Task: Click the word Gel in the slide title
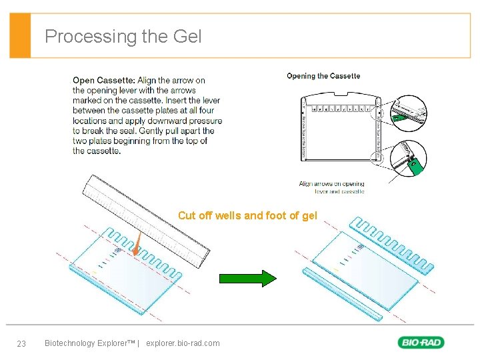point(187,36)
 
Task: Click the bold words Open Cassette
point(103,81)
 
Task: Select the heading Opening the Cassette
point(323,76)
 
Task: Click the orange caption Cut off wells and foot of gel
point(247,215)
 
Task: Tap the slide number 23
point(21,343)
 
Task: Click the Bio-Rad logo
point(421,343)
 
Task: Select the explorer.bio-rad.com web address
point(182,343)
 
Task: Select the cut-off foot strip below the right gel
point(344,293)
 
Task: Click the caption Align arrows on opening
point(331,184)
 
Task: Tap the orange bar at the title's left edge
point(21,36)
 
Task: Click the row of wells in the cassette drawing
point(337,107)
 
